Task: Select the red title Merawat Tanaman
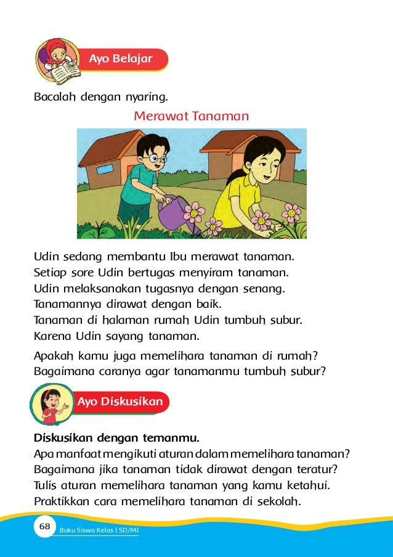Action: point(191,116)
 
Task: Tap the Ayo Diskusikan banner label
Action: point(120,402)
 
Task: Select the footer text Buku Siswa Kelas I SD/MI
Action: point(99,530)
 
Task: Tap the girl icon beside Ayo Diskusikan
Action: point(51,405)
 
